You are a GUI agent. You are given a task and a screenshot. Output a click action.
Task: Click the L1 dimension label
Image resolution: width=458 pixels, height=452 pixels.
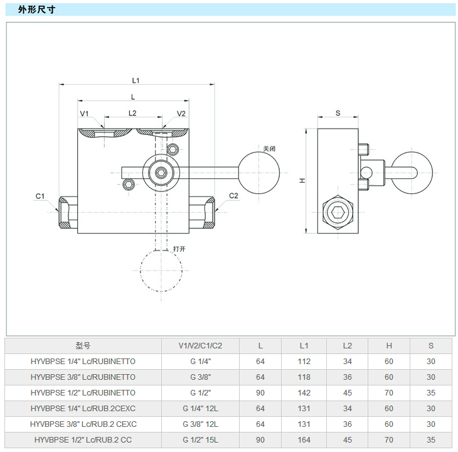click(136, 80)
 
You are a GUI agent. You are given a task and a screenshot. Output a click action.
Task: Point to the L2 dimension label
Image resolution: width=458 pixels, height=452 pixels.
click(132, 114)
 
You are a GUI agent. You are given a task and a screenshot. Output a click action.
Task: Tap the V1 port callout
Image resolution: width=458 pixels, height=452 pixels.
click(85, 114)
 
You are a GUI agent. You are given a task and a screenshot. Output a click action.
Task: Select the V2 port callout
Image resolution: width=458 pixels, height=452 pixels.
click(181, 114)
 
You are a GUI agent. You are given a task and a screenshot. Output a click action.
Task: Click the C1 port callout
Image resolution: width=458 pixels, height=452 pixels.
click(40, 196)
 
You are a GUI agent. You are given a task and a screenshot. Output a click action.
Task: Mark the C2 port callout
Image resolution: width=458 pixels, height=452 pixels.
click(233, 196)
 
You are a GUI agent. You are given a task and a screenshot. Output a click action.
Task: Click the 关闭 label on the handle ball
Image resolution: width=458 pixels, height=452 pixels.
click(269, 149)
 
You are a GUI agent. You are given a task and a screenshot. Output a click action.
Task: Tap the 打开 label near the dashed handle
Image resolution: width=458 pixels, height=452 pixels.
click(179, 249)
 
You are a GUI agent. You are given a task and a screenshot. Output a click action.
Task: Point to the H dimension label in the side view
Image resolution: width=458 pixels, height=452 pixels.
click(302, 181)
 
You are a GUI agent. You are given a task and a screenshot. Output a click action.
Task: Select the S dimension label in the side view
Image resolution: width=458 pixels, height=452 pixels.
click(338, 113)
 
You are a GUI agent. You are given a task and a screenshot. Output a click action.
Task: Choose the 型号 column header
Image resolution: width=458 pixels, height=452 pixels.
click(83, 345)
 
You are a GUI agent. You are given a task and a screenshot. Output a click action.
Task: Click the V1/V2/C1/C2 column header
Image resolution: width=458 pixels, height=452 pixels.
click(200, 345)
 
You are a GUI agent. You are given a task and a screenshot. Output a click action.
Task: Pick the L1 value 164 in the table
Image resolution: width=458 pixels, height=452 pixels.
click(304, 439)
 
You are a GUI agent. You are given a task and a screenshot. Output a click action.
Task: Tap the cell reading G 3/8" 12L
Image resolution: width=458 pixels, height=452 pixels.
click(200, 424)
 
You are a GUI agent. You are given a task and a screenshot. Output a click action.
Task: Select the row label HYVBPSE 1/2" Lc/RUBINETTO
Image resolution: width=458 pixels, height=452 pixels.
click(83, 392)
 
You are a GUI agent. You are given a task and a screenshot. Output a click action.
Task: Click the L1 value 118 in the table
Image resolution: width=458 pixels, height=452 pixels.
click(304, 377)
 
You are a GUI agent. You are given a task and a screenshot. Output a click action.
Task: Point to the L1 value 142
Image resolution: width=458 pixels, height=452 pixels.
click(304, 392)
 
